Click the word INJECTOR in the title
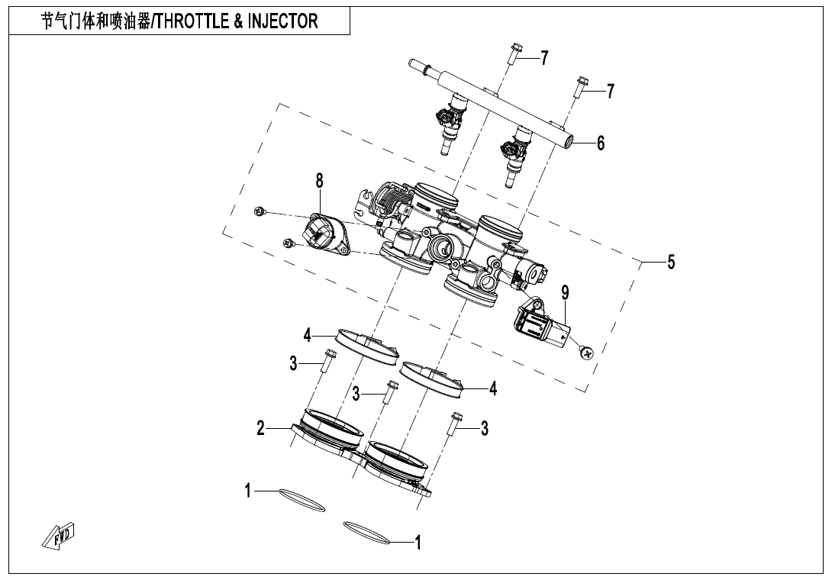click(283, 21)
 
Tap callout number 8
click(319, 181)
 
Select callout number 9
click(565, 292)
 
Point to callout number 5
click(671, 262)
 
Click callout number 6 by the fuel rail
click(601, 143)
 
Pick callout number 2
click(261, 429)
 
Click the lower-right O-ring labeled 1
click(368, 532)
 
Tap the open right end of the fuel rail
click(569, 141)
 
